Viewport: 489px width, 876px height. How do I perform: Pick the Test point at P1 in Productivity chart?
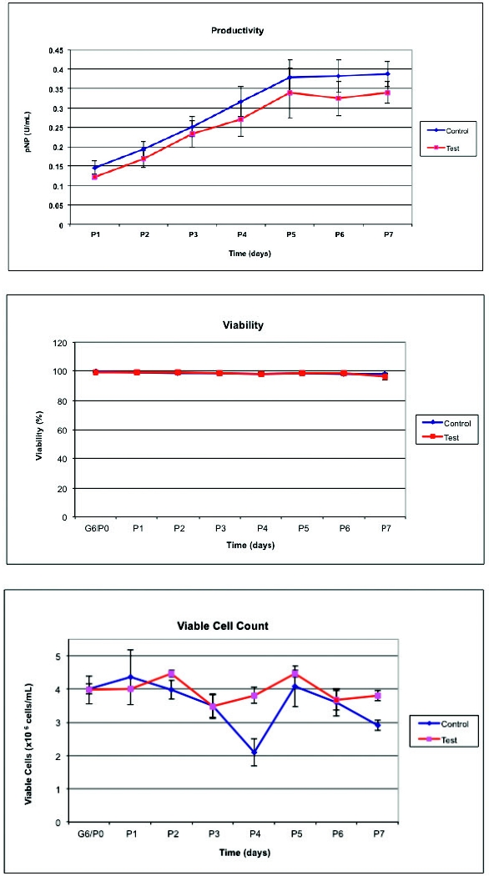[94, 177]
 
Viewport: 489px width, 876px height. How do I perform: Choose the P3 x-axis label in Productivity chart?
[193, 235]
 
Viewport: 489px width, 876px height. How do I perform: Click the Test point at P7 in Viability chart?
[385, 377]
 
